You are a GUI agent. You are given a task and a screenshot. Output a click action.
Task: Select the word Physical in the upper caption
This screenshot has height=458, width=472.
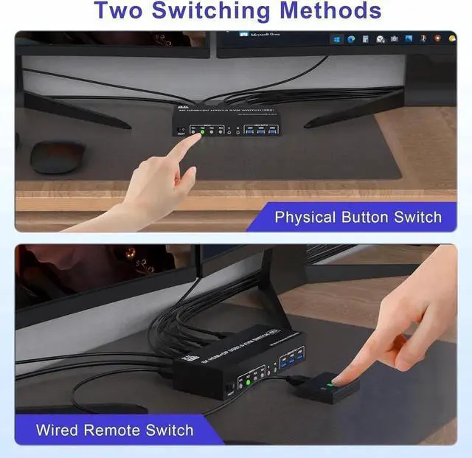[305, 217]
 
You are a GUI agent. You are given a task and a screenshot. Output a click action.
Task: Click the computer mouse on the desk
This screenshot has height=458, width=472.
[57, 156]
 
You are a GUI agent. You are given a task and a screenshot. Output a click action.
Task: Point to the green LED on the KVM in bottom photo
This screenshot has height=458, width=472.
[249, 381]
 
